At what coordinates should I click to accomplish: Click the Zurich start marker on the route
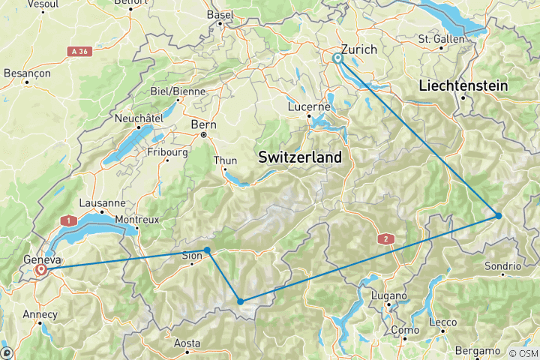[337, 57]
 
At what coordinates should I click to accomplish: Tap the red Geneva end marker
[42, 268]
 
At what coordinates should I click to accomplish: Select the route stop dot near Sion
[207, 250]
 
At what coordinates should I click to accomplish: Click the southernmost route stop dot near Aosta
[241, 301]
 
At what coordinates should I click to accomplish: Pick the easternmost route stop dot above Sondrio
[498, 216]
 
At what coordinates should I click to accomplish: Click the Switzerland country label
[299, 157]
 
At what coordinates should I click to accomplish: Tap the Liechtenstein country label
[463, 85]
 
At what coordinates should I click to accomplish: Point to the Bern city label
[203, 124]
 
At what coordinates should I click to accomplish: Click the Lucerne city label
[309, 106]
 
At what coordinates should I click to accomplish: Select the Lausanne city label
[103, 202]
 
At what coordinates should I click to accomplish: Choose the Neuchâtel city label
[139, 118]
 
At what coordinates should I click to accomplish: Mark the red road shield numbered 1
[70, 220]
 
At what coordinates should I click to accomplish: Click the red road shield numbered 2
[386, 238]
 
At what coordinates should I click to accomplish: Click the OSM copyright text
[522, 353]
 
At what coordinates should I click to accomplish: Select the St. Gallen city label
[439, 38]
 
